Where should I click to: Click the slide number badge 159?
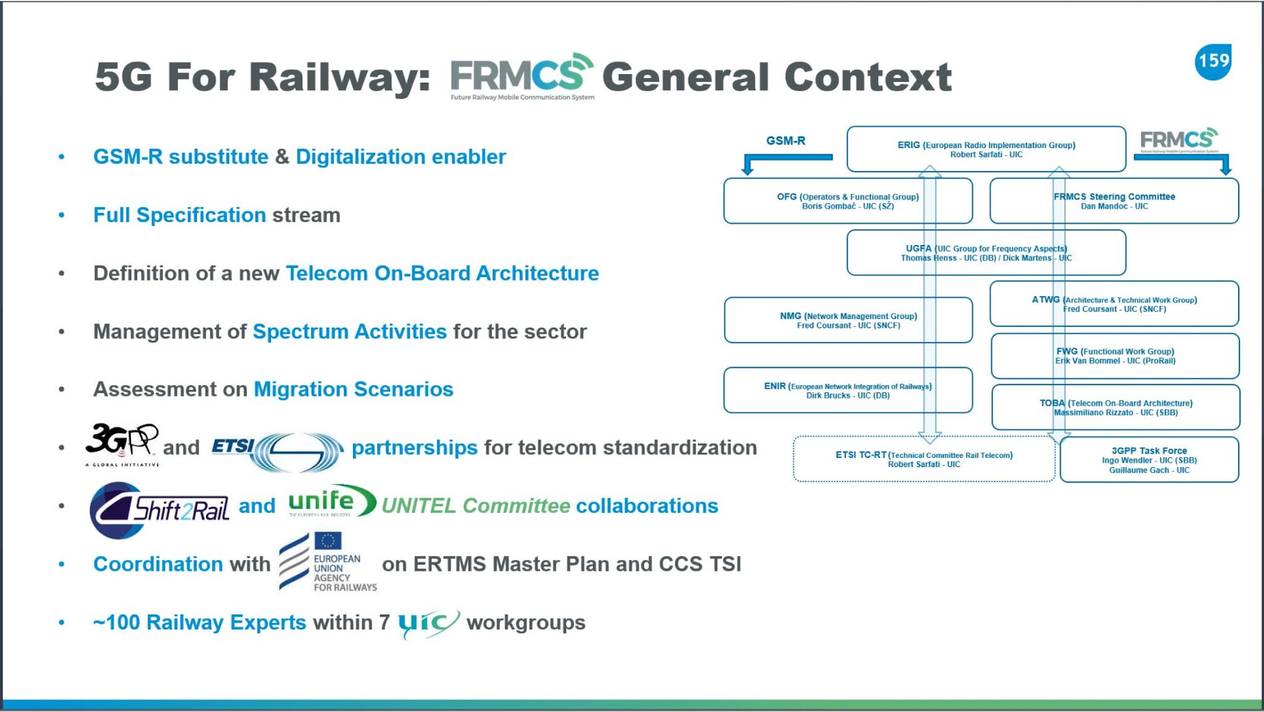click(1213, 62)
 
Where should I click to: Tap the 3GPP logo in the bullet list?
click(122, 443)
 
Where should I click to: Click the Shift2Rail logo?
click(159, 510)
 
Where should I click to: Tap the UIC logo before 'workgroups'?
click(428, 623)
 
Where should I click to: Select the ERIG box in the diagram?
click(986, 149)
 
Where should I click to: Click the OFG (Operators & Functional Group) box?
click(847, 201)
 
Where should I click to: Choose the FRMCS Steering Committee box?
click(1114, 201)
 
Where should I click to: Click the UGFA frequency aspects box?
click(986, 253)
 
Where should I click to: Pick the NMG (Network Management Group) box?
click(848, 320)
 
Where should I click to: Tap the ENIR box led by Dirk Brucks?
click(847, 391)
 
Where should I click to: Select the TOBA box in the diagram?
click(1115, 407)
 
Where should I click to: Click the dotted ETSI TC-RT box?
click(923, 459)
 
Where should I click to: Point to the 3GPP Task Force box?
click(1149, 460)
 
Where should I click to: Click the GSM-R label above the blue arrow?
click(785, 141)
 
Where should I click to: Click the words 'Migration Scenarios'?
click(353, 389)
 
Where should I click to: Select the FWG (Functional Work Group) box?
click(1115, 356)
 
